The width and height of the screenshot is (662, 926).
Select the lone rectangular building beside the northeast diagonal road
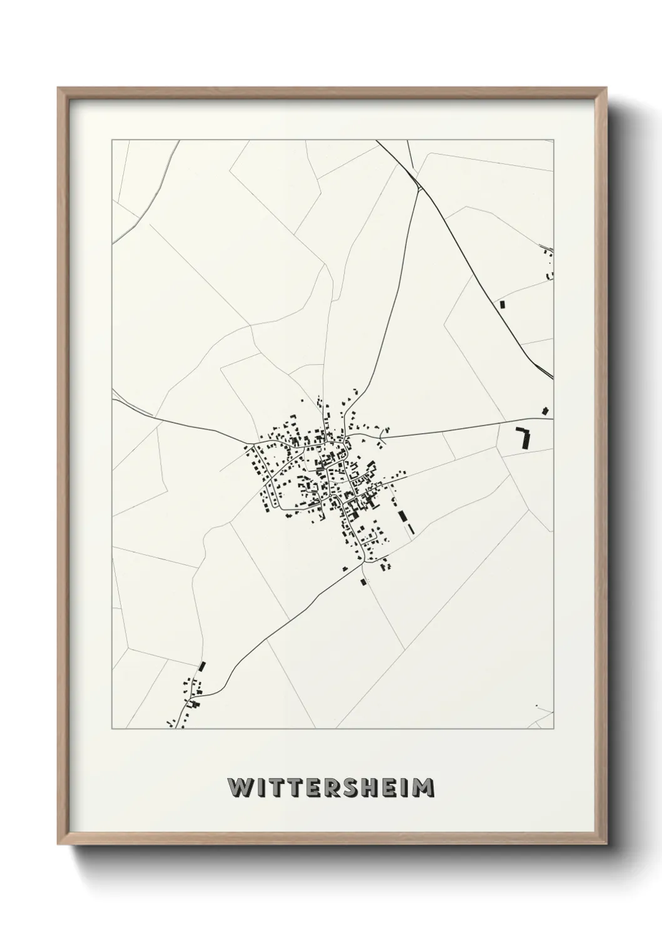[502, 304]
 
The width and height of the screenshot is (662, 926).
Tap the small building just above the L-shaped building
[546, 411]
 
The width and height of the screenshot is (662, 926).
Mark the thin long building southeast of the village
[410, 529]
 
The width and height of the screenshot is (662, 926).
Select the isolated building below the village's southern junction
[362, 582]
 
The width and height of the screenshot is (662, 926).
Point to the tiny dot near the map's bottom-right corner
[536, 706]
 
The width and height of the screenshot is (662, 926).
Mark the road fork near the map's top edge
[416, 178]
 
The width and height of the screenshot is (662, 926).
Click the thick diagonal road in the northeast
[476, 263]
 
